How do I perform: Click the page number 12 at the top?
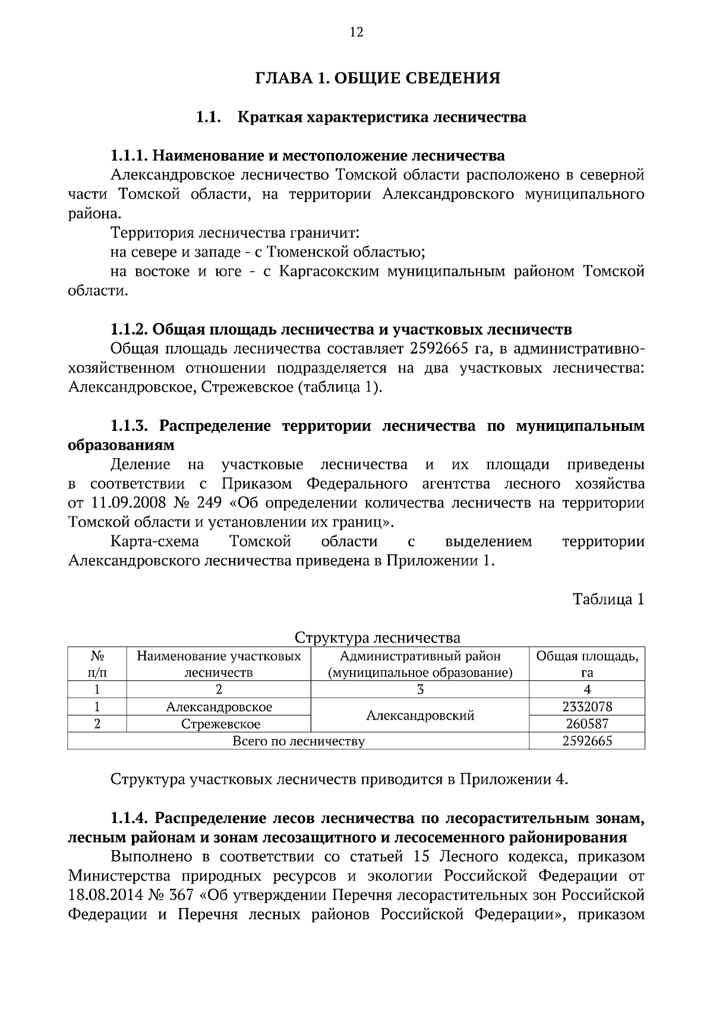click(x=356, y=32)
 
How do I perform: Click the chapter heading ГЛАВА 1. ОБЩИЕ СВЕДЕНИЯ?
click(x=377, y=78)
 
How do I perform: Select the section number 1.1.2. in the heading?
click(x=129, y=329)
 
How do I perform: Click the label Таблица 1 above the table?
click(x=608, y=599)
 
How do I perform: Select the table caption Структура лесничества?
click(x=377, y=638)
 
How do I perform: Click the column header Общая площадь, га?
click(x=586, y=664)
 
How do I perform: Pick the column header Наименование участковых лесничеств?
click(x=219, y=664)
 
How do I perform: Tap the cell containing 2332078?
click(x=586, y=707)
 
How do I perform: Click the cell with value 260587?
click(x=586, y=724)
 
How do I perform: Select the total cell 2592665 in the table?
click(x=586, y=741)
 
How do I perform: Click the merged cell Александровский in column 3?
click(x=419, y=715)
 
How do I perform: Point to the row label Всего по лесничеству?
click(x=298, y=741)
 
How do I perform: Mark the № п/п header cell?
click(x=97, y=664)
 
